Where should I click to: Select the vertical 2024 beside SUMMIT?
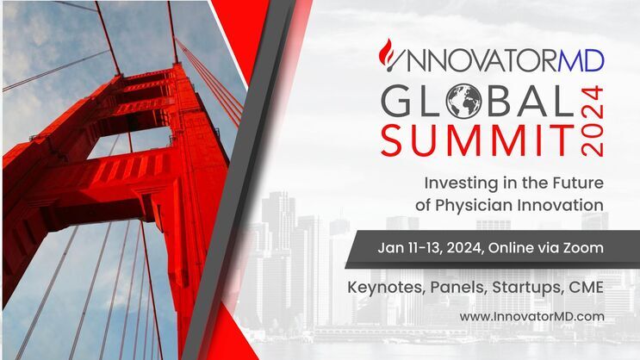click(593, 121)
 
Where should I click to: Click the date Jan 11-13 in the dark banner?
click(411, 248)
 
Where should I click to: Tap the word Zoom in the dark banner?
click(582, 248)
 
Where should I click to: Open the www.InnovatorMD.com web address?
click(531, 316)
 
